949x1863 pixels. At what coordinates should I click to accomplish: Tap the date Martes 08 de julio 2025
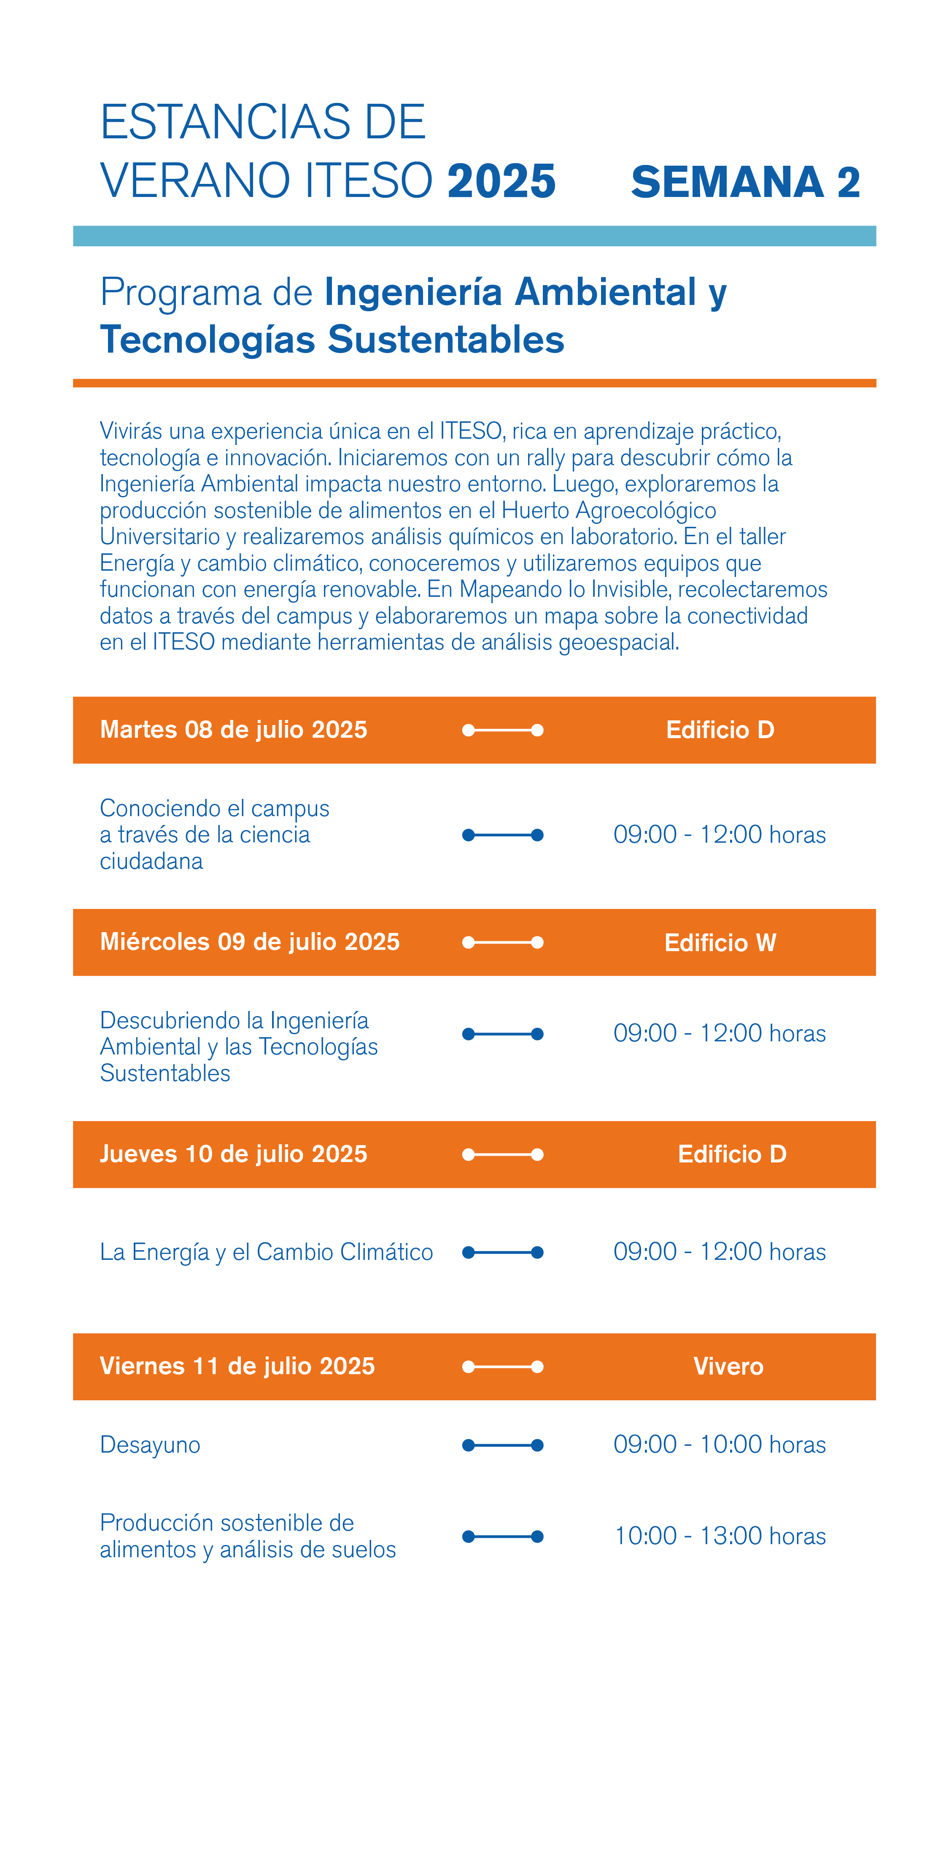[x=233, y=730]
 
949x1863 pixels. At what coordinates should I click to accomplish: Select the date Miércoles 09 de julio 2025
[x=250, y=942]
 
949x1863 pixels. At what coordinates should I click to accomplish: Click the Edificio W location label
[x=720, y=942]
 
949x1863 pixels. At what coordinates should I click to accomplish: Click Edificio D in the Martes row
[x=720, y=730]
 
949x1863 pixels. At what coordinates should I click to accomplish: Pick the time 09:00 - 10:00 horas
[x=719, y=1444]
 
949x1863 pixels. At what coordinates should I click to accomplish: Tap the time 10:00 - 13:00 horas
[x=719, y=1536]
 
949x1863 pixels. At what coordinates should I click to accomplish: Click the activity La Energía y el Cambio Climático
[x=266, y=1252]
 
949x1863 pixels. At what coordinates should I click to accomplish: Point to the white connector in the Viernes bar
[x=503, y=1366]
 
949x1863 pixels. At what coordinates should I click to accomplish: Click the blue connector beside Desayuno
[x=503, y=1445]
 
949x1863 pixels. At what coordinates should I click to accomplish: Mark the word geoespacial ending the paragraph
[x=618, y=642]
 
